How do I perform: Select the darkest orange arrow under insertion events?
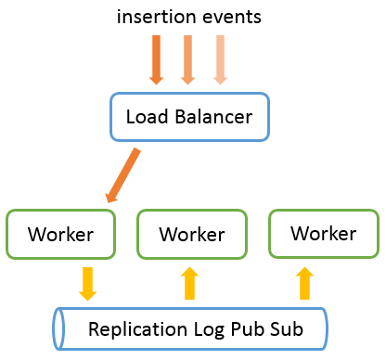156,58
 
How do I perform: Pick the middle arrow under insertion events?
187,58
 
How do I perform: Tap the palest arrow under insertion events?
219,58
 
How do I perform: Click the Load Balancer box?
189,117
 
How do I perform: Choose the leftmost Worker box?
60,234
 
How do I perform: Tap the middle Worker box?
192,234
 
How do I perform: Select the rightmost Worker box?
324,233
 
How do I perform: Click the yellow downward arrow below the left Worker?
87,283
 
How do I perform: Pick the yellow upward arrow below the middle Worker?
190,283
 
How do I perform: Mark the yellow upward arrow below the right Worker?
303,283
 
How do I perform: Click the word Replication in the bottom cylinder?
132,329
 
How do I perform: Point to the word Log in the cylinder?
203,330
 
